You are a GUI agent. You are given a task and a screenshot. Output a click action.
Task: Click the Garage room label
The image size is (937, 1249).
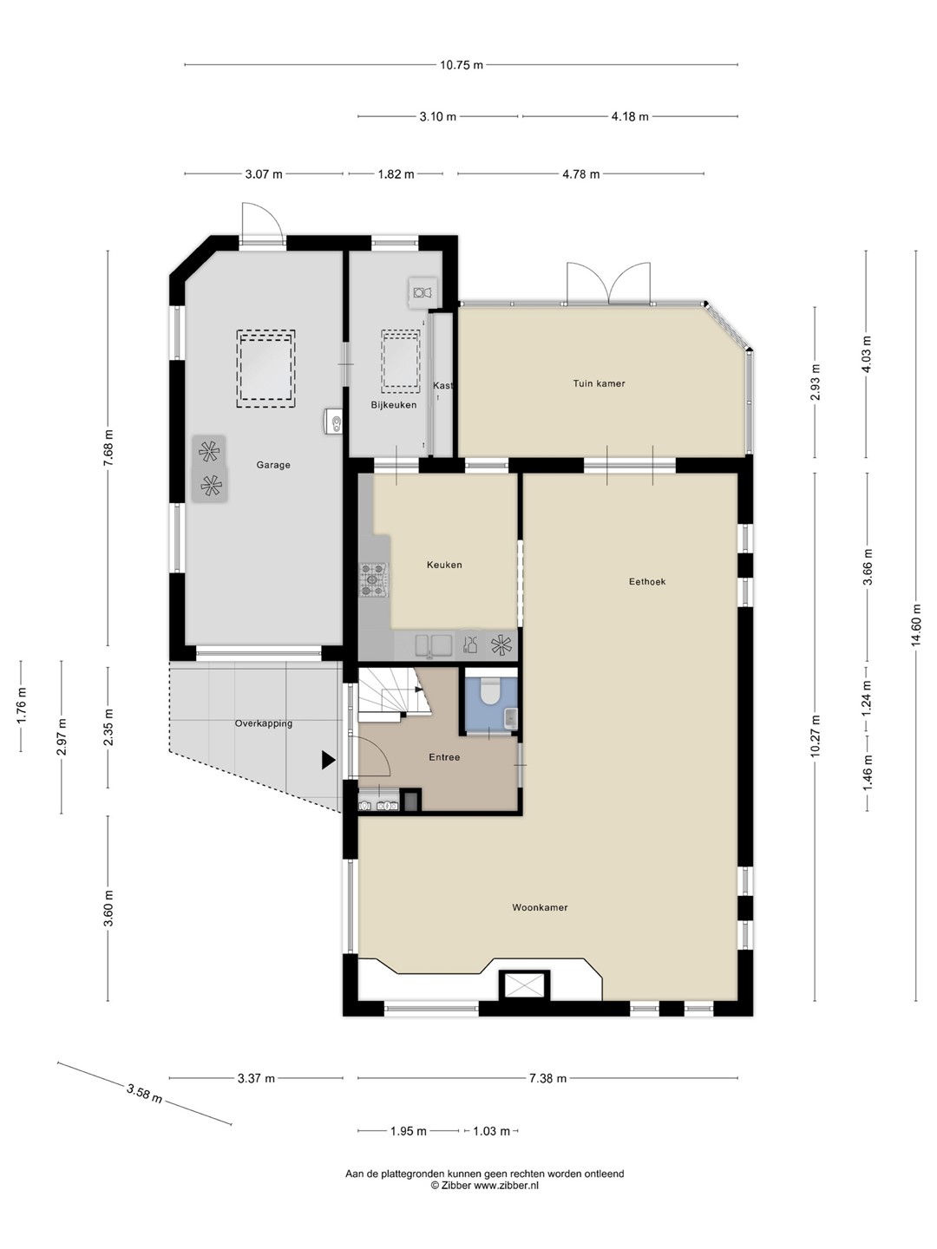[273, 465]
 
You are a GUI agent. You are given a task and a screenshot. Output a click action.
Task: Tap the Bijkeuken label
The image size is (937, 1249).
[394, 405]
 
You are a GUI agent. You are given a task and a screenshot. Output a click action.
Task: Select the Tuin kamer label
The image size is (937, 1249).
[599, 383]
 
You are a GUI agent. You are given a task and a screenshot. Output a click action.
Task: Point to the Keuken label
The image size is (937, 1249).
[444, 565]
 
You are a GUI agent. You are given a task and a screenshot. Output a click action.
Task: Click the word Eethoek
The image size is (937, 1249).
[647, 581]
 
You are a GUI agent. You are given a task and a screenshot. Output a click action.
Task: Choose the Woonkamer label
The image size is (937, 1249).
[540, 907]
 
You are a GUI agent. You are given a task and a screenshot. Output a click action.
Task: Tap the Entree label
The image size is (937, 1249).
[444, 757]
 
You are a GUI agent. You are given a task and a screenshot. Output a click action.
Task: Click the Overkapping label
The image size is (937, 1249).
[264, 723]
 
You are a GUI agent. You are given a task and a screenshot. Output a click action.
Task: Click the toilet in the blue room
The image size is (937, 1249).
[489, 691]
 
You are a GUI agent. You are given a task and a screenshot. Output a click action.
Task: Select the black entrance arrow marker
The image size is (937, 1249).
[328, 760]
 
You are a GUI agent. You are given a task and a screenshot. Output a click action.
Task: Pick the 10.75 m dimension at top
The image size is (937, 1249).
[462, 65]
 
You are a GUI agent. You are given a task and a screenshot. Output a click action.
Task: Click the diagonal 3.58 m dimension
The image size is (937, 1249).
[145, 1094]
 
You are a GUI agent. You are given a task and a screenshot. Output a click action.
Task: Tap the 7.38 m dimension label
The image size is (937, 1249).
[547, 1078]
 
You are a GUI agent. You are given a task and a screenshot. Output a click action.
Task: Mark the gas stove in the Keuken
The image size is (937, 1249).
[374, 580]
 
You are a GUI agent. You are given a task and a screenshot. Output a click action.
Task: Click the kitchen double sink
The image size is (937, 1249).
[434, 645]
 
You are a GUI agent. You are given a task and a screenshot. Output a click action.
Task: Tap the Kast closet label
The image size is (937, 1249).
[442, 386]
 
